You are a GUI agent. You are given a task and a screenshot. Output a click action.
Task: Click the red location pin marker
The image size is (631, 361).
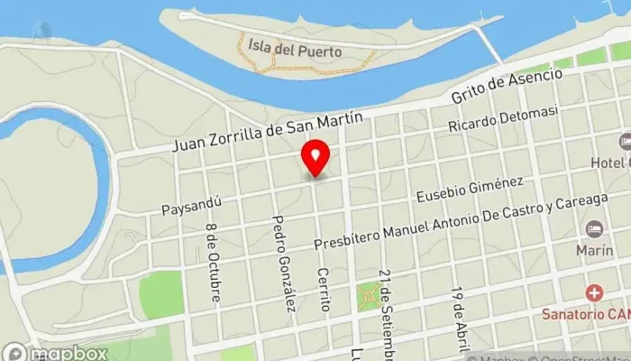pyautogui.click(x=315, y=158)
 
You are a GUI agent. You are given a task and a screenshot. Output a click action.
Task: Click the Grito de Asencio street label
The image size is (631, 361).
pyautogui.click(x=507, y=86)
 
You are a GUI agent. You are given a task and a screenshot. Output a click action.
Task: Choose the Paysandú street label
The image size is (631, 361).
pyautogui.click(x=192, y=205)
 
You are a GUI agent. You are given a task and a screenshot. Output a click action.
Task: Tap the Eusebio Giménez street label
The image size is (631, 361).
pyautogui.click(x=471, y=190)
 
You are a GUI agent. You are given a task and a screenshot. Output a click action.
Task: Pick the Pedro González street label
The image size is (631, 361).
pyautogui.click(x=285, y=264)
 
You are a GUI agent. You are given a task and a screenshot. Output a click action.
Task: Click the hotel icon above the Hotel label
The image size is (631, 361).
pyautogui.click(x=624, y=143)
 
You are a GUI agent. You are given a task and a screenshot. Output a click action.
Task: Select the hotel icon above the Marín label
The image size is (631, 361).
pyautogui.click(x=593, y=228)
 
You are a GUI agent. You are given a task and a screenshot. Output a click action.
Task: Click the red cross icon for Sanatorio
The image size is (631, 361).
pyautogui.click(x=593, y=293)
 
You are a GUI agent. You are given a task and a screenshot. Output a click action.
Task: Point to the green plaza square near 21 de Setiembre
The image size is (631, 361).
pyautogui.click(x=369, y=294)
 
